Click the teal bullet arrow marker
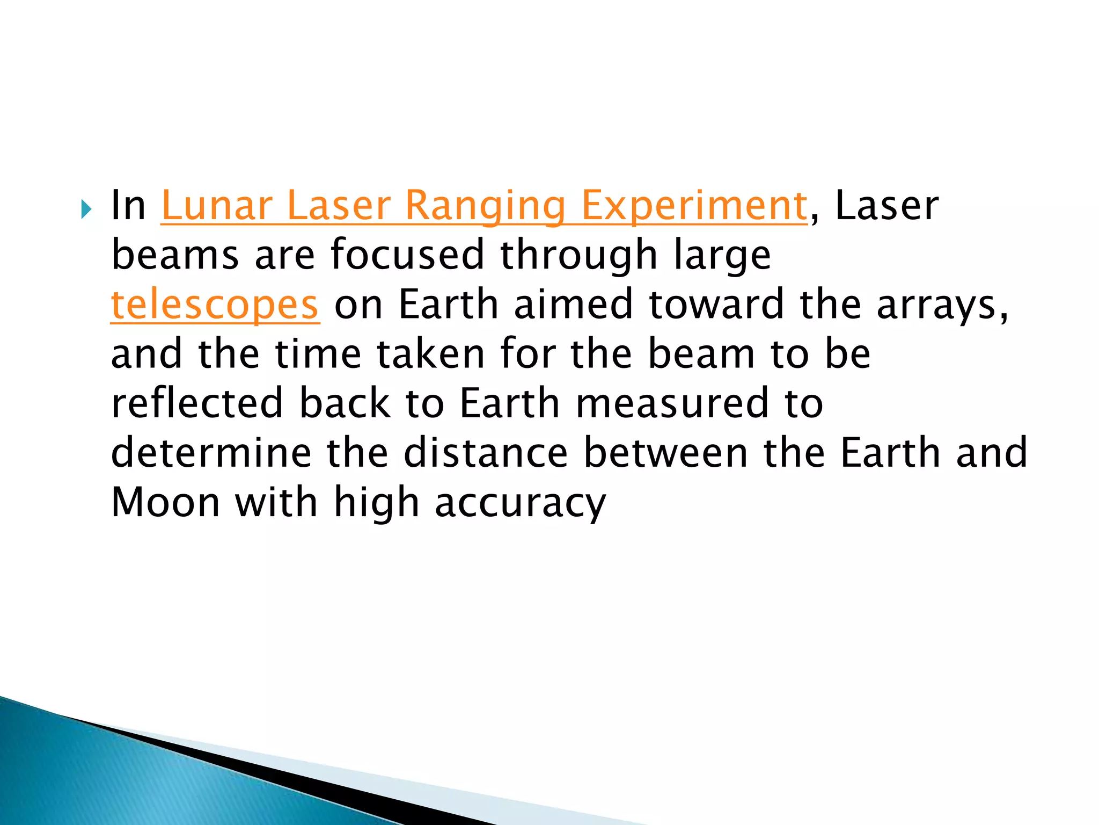click(86, 209)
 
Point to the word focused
click(407, 255)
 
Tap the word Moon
click(165, 502)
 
